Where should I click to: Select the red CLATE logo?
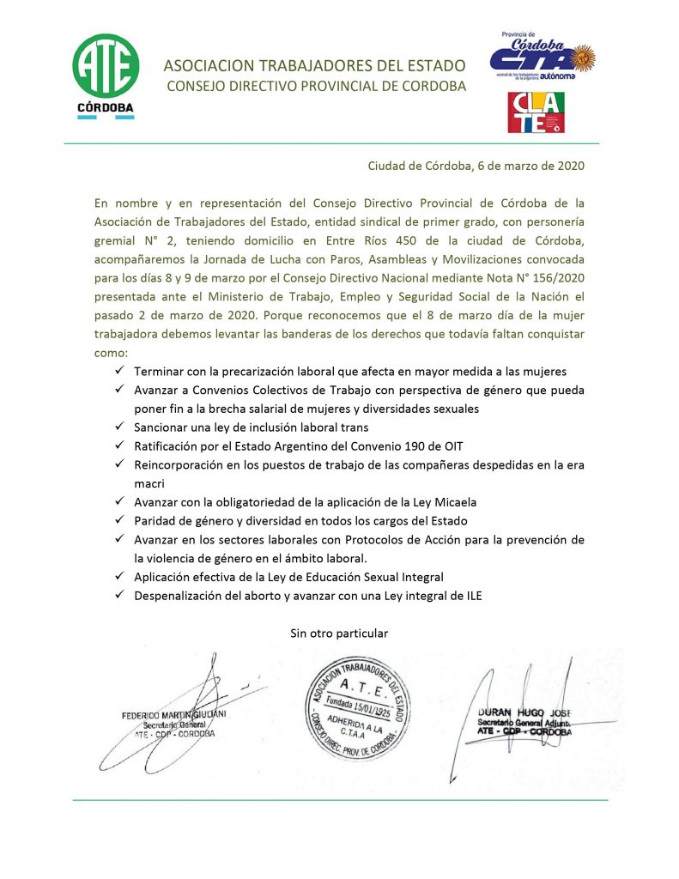[536, 112]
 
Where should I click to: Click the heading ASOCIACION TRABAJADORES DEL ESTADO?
[314, 66]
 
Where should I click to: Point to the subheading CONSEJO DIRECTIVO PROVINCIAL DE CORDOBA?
[316, 87]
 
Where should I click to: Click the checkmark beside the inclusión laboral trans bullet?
[118, 427]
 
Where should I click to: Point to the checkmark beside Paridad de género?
[118, 521]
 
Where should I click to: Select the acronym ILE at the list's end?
[470, 596]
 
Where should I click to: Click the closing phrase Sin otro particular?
[339, 633]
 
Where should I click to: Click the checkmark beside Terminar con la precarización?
[118, 371]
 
